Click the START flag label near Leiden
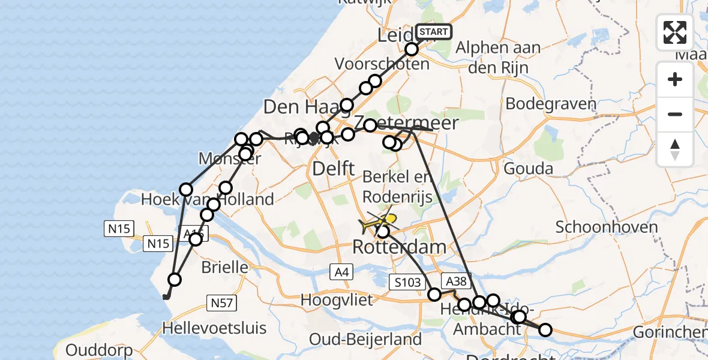[x=434, y=31]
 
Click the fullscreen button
[x=675, y=32]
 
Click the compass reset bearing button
[x=675, y=149]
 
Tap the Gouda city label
[x=528, y=169]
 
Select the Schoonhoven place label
[x=607, y=227]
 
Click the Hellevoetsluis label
[x=214, y=328]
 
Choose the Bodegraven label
[x=551, y=104]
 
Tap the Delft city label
[x=334, y=169]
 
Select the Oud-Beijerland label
[x=365, y=340]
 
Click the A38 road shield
[x=455, y=280]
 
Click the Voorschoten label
[x=382, y=64]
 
